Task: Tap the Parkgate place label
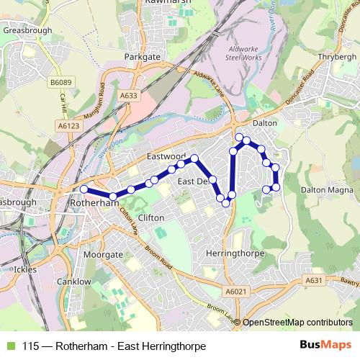(x=141, y=55)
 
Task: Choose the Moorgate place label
(x=102, y=255)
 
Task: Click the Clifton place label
(x=150, y=217)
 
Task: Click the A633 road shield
(x=129, y=95)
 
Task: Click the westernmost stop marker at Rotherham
(x=84, y=189)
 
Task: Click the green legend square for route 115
(x=9, y=346)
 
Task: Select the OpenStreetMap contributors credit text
(x=297, y=323)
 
